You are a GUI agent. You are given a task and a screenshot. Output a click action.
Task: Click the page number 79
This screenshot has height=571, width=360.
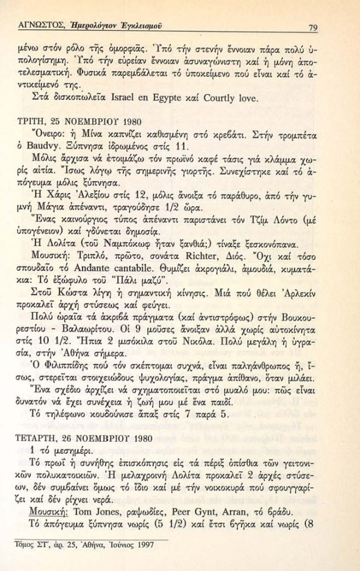(312, 26)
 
